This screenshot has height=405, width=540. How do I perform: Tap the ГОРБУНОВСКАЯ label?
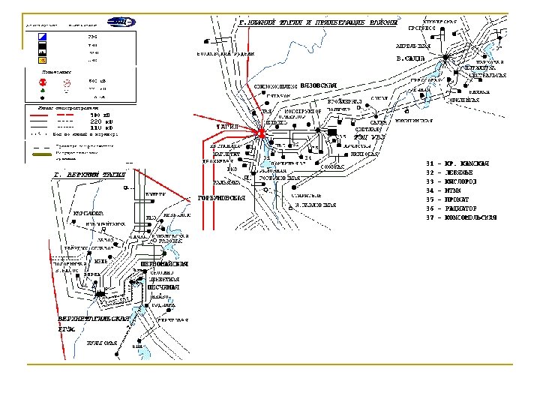coord(222,198)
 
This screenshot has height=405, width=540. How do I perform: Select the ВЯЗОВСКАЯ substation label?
coord(319,85)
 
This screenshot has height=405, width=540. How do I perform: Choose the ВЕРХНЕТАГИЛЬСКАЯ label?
coord(94,319)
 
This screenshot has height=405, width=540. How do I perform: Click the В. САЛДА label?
coord(410,58)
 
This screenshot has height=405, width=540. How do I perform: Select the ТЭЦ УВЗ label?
coord(369,137)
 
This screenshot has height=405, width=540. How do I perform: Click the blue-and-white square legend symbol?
coord(42,35)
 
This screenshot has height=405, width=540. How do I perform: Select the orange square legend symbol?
coord(42,60)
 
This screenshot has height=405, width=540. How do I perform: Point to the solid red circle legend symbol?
coord(42,80)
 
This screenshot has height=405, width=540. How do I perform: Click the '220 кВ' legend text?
coord(101,121)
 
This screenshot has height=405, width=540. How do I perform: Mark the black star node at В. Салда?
coord(444,58)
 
